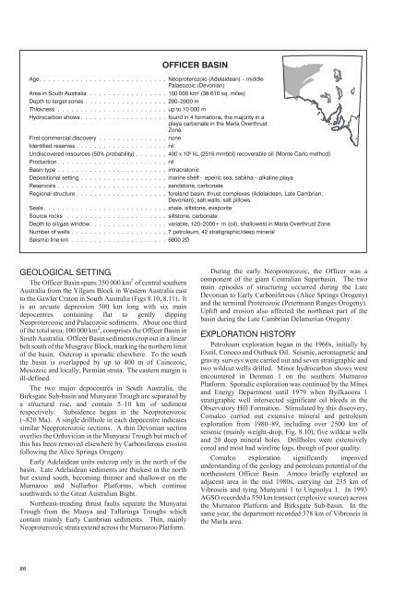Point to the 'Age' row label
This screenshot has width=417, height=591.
pyautogui.click(x=34, y=58)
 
